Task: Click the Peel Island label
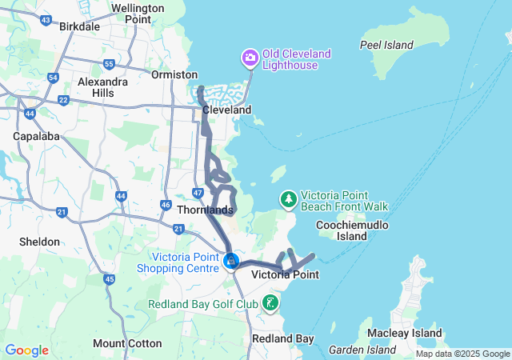click(x=387, y=45)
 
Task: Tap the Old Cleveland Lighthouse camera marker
click(x=250, y=58)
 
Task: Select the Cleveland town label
click(x=226, y=110)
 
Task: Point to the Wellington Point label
click(x=138, y=13)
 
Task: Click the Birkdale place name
click(x=80, y=26)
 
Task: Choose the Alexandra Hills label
click(x=102, y=87)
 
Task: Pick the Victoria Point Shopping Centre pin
click(x=231, y=261)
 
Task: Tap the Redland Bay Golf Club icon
click(x=271, y=302)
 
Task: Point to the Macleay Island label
click(x=404, y=333)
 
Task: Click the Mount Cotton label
click(x=127, y=343)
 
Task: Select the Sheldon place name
click(x=40, y=242)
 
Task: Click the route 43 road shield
click(x=46, y=19)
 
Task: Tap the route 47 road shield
click(x=198, y=193)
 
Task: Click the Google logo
click(x=26, y=350)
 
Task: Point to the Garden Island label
click(x=362, y=350)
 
